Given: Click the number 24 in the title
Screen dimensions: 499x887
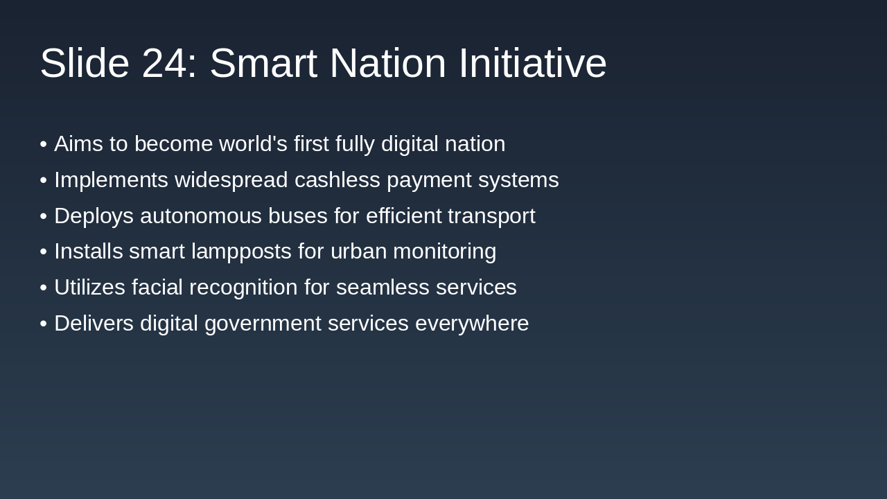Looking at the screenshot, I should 164,64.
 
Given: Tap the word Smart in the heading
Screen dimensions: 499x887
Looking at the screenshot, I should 263,64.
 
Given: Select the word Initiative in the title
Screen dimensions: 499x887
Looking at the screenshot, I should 532,64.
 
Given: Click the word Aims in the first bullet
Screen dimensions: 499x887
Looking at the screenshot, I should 78,144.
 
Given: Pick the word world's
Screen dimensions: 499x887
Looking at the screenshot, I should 253,144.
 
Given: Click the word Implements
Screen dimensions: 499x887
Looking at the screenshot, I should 111,180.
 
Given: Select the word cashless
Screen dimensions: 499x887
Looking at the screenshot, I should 337,180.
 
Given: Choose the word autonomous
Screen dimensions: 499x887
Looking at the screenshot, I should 201,216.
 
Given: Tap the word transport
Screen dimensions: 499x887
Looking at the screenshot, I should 491,216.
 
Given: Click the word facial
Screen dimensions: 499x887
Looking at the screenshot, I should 157,288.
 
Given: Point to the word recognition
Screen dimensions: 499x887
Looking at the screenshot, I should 243,288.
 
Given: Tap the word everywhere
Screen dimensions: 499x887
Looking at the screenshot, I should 472,324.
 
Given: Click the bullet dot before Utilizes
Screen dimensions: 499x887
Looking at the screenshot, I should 44,288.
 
